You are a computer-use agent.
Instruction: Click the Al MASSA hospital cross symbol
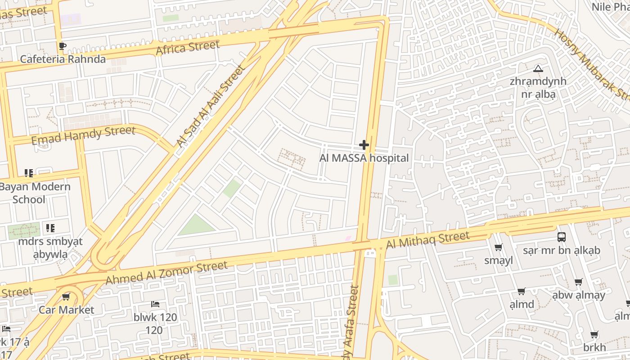pos(364,145)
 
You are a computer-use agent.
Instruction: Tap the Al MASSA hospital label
pos(364,158)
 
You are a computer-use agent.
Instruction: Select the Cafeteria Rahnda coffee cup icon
pos(63,46)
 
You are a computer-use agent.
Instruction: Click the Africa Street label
pos(188,48)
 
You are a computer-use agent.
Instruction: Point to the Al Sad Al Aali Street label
pos(210,107)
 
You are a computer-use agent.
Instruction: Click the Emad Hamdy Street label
pos(83,135)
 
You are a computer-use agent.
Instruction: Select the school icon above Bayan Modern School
pos(29,173)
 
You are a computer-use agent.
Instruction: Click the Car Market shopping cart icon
pos(66,297)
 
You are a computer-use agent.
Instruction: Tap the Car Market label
pos(66,310)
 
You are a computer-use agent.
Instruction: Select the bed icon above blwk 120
pos(155,304)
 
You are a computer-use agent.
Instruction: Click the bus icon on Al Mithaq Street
pos(561,237)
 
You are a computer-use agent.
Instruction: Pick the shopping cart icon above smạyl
pos(499,247)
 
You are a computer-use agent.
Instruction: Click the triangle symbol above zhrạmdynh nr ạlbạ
pos(538,68)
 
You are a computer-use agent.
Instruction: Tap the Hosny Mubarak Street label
pos(592,67)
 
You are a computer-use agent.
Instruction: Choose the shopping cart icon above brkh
pos(594,335)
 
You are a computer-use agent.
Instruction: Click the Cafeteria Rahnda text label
pos(63,59)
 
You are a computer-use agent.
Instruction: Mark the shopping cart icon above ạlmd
pos(522,291)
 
